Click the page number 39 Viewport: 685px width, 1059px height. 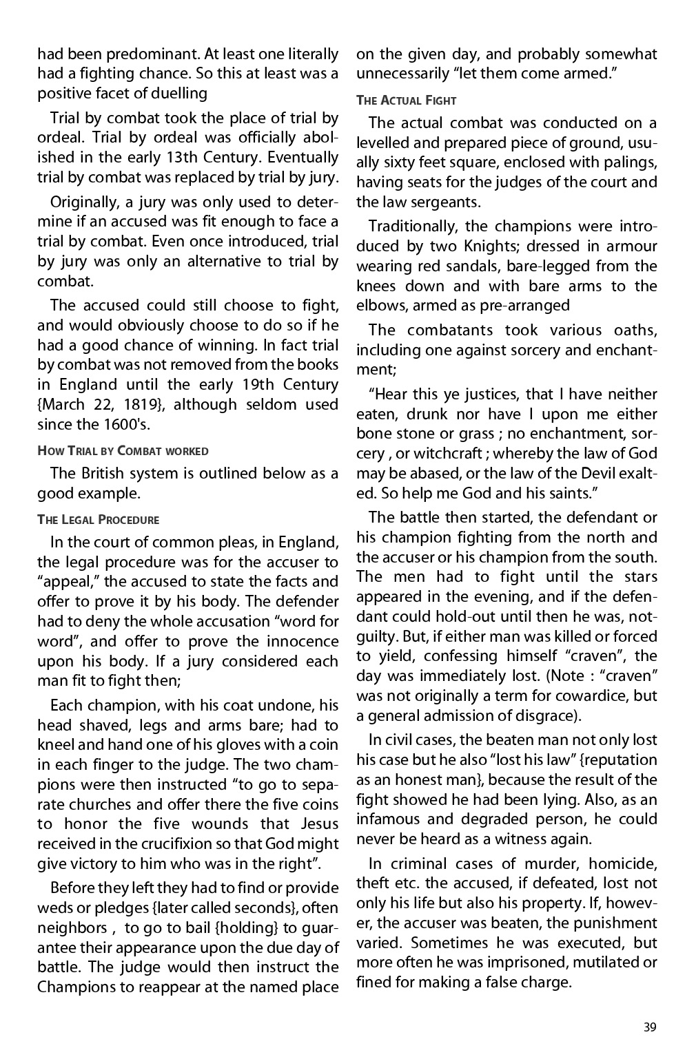pos(649,1027)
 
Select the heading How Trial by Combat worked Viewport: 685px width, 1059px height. pos(123,451)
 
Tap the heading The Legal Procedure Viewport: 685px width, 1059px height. pos(98,519)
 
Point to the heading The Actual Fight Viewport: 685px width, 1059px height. pos(406,101)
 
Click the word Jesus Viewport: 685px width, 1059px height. pos(320,824)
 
